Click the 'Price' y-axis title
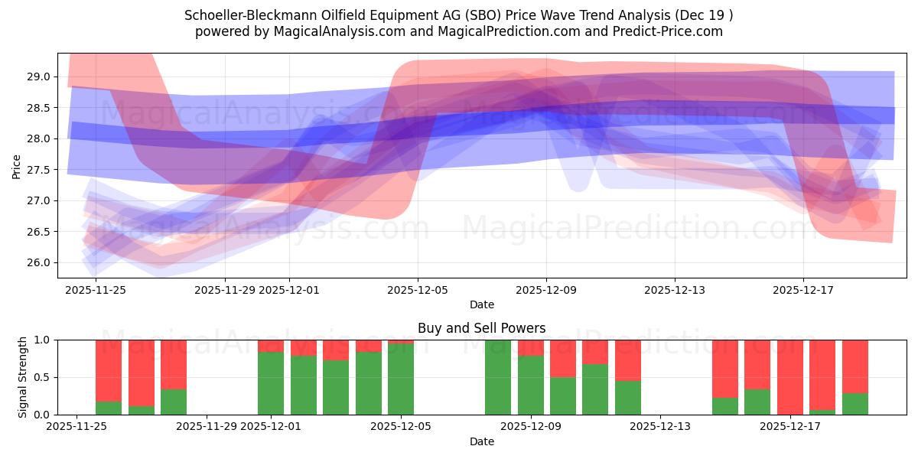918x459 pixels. pos(17,165)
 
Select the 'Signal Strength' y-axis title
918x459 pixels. pos(23,377)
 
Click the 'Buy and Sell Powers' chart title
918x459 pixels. pos(481,328)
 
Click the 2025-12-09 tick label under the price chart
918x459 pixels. pos(546,290)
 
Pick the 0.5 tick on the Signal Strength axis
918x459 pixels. pos(42,377)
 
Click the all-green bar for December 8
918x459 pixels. pos(498,377)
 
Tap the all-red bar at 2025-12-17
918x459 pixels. pos(789,377)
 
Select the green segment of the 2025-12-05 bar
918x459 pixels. pos(401,379)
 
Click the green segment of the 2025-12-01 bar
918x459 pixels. pos(271,384)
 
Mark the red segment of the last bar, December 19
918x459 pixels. pos(855,366)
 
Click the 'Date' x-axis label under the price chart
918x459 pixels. pos(481,304)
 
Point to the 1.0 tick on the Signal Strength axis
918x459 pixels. pos(42,340)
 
